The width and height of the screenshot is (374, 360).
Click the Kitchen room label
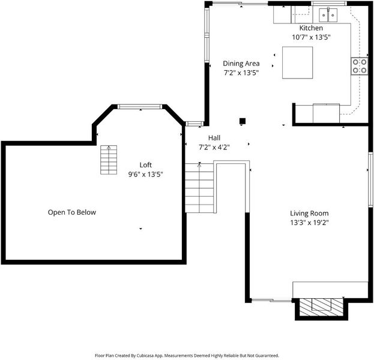pos(311,28)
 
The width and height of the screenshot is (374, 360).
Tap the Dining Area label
pos(241,64)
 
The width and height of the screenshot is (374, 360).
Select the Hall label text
pos(214,138)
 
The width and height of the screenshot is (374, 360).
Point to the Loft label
pos(145,165)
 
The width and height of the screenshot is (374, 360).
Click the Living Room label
pos(309,213)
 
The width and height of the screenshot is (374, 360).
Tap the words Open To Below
pos(72,212)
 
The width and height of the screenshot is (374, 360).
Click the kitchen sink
pos(328,15)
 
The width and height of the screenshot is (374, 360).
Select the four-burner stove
pos(360,66)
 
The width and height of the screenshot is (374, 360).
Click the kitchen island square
pos(297,63)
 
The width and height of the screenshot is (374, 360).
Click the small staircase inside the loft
pos(109,160)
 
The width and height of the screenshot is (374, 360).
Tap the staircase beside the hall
pos(199,188)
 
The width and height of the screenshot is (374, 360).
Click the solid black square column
pos(243,121)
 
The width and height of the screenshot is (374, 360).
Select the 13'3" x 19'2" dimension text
pos(309,223)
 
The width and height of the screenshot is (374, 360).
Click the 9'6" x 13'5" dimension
pos(145,174)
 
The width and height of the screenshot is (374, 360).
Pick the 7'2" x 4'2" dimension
pos(214,148)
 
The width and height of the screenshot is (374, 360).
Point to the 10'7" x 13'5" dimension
pos(311,37)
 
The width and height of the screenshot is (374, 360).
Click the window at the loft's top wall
pos(139,107)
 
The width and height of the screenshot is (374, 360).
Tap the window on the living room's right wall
pos(370,179)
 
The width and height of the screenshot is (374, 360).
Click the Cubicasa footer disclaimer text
pos(187,355)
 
